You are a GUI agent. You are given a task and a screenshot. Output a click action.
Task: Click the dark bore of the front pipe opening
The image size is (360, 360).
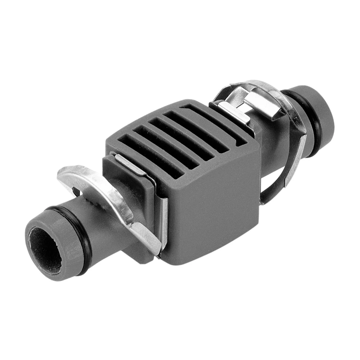(45, 249)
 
